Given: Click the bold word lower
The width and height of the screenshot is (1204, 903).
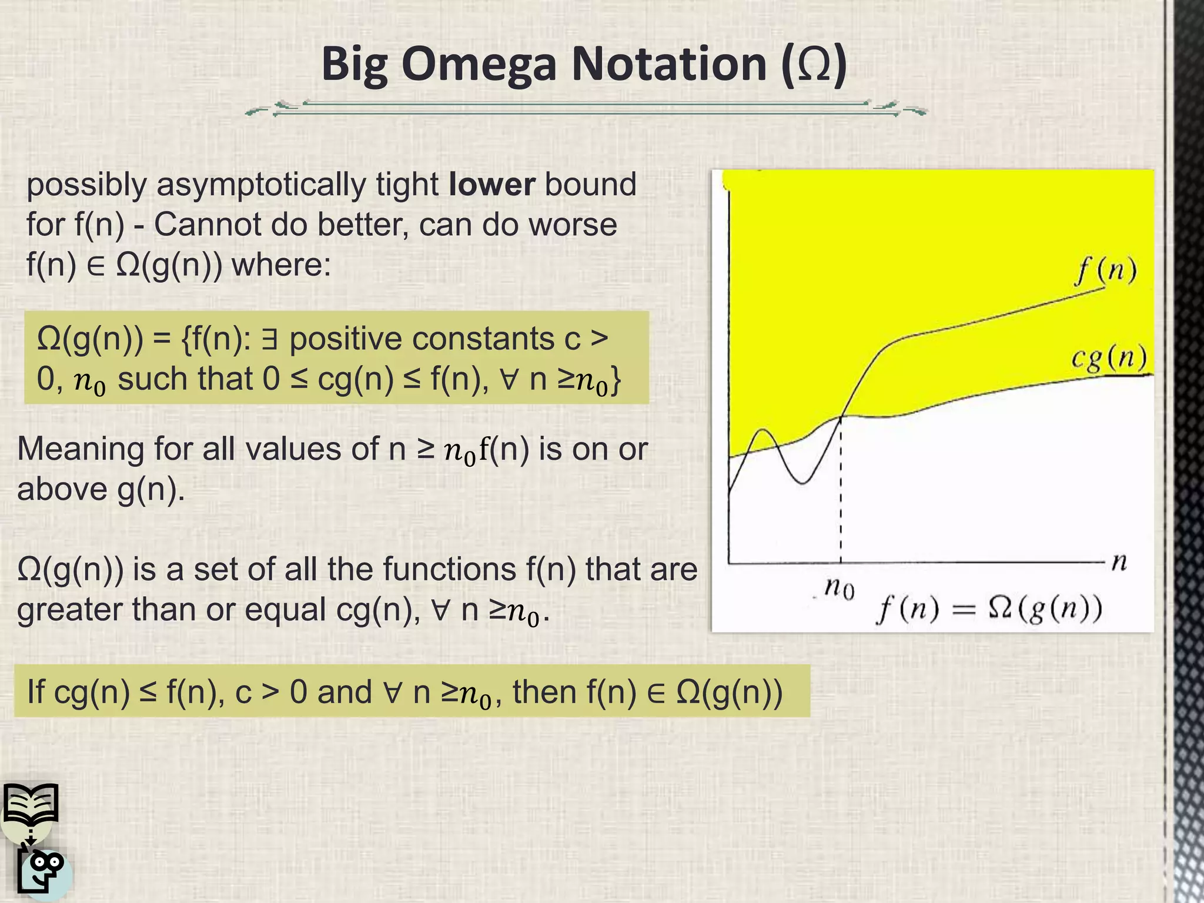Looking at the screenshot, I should (491, 185).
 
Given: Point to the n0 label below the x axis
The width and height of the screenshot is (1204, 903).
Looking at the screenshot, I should (839, 587).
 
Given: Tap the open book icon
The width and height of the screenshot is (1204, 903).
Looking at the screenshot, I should (31, 803).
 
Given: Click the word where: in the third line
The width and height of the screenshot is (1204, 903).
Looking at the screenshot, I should (282, 265).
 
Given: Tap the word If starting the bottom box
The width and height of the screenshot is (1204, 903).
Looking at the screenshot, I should (35, 691).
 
